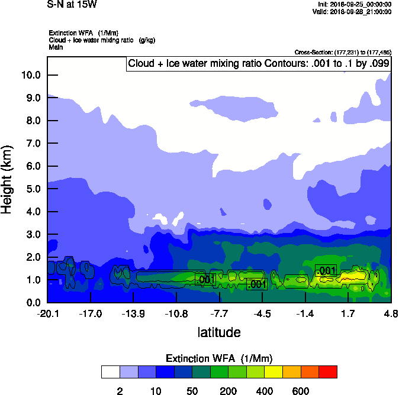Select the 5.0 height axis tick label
click(32, 189)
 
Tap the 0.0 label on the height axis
click(32, 302)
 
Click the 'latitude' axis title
click(219, 332)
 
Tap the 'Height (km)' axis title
click(8, 179)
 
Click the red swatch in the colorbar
click(329, 372)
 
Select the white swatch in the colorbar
click(110, 372)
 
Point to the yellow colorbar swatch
click(274, 372)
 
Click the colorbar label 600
click(301, 391)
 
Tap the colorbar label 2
click(120, 391)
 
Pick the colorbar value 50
click(192, 391)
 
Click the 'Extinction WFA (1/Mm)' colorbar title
click(219, 358)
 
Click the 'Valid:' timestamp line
click(353, 12)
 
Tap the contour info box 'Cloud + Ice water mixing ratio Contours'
click(258, 64)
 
